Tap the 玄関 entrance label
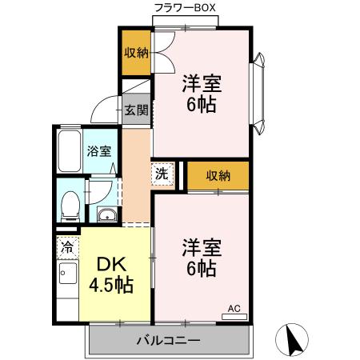coord(135,110)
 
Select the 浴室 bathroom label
coord(99,150)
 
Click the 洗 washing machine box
coord(162,172)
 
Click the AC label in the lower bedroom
coord(234,307)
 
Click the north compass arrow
coord(293,342)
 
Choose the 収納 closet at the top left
coord(135,53)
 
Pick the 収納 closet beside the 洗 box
coord(218,176)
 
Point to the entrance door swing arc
coord(102,108)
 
